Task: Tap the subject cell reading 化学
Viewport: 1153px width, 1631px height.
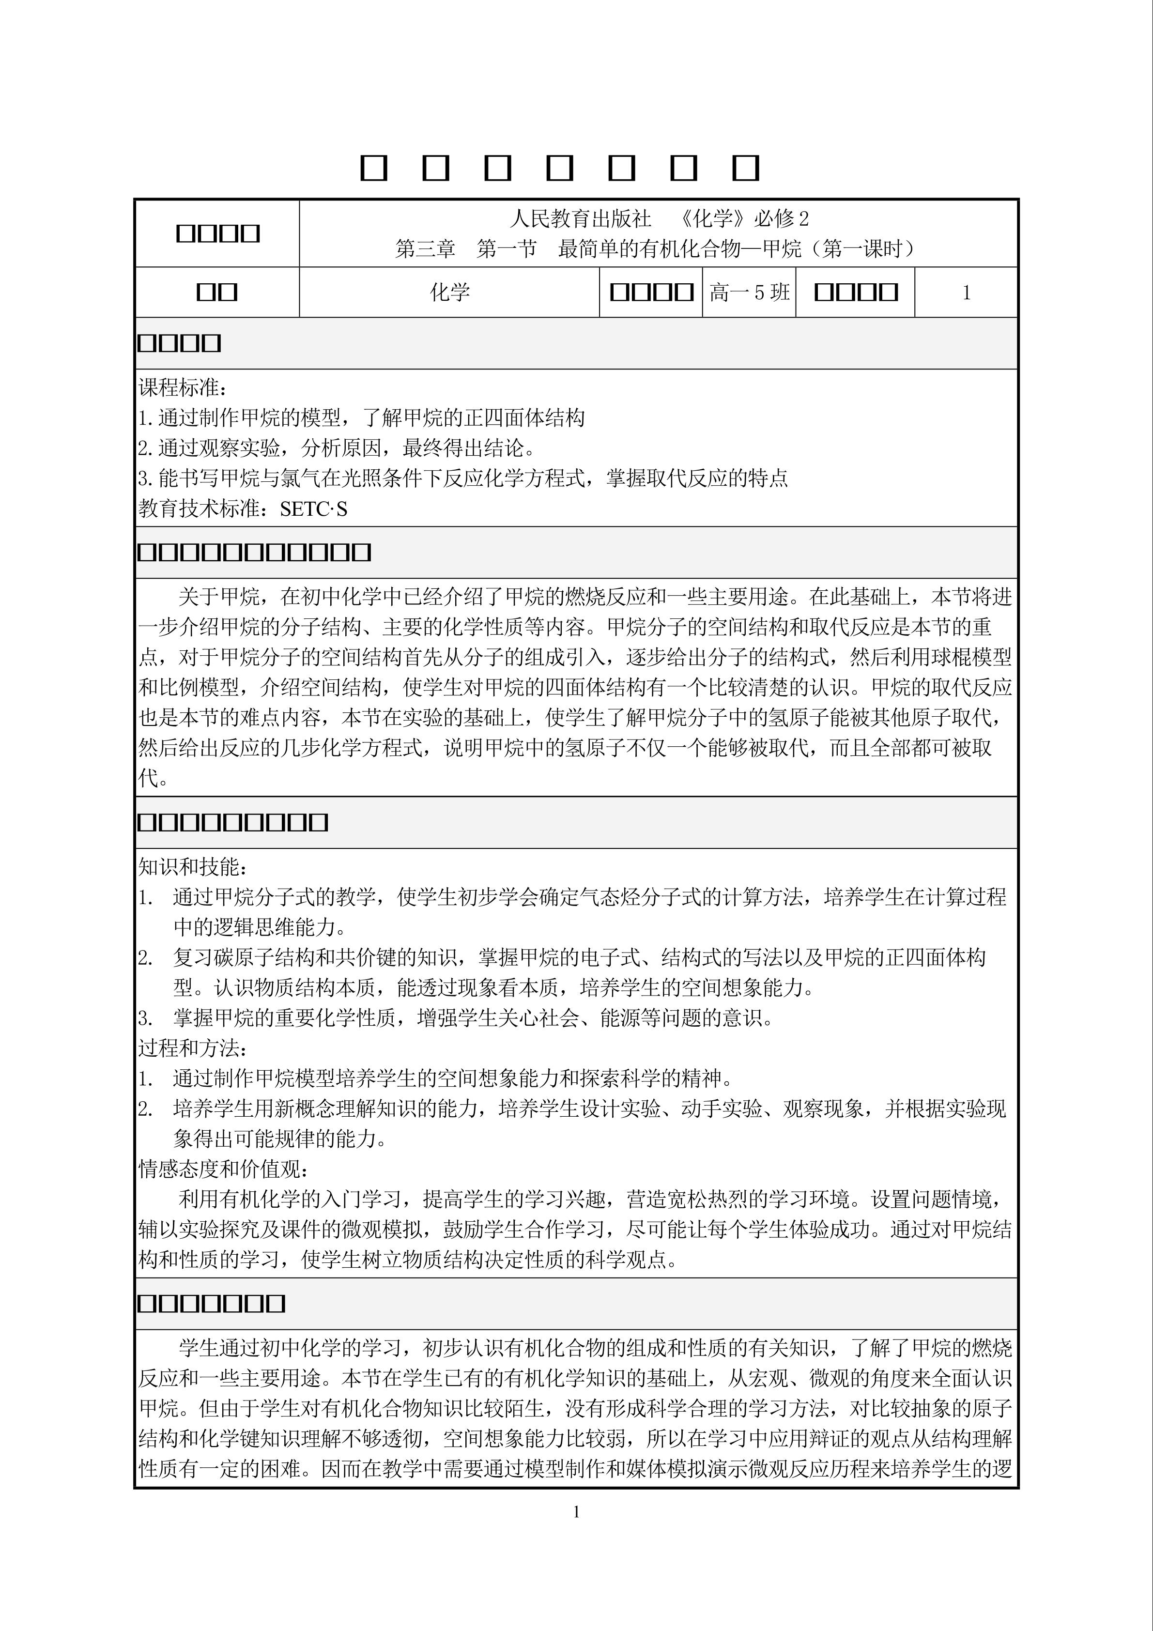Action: pos(450,292)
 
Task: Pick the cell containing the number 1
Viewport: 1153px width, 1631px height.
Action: pos(966,292)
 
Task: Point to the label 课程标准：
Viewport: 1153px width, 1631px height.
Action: pos(183,388)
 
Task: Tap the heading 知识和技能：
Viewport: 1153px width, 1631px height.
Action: pos(193,867)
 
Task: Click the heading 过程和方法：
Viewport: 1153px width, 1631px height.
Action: pos(193,1048)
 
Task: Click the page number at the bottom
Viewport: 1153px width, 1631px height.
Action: pos(576,1512)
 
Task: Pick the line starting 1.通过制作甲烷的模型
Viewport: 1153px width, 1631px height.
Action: pos(361,418)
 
